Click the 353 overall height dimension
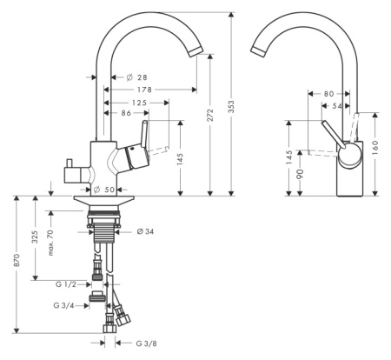pyautogui.click(x=231, y=106)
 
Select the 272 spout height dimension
pyautogui.click(x=210, y=115)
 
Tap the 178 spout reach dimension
pyautogui.click(x=144, y=90)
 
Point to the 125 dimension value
pyautogui.click(x=139, y=103)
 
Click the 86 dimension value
pyautogui.click(x=126, y=113)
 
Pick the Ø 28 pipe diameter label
pyautogui.click(x=137, y=77)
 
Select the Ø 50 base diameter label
pyautogui.click(x=104, y=190)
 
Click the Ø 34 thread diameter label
pyautogui.click(x=145, y=231)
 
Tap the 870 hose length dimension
pyautogui.click(x=17, y=260)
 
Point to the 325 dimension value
pyautogui.click(x=35, y=237)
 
